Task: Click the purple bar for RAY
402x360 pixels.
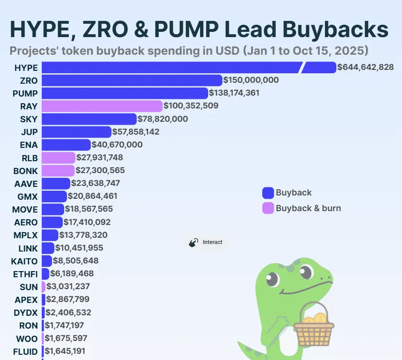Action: [x=102, y=106]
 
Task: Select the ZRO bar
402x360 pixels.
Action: [x=132, y=80]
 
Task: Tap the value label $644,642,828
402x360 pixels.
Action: [x=365, y=67]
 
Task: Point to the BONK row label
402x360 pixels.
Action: [x=25, y=170]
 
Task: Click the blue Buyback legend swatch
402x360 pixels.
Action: [x=268, y=193]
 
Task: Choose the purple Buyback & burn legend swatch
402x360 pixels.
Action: [x=268, y=208]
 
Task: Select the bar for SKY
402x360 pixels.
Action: [x=89, y=118]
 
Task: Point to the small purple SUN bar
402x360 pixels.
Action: [x=43, y=286]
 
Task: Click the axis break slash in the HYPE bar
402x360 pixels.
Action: [x=301, y=68]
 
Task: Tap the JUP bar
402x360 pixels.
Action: [x=77, y=132]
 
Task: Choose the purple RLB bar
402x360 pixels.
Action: [x=58, y=157]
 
